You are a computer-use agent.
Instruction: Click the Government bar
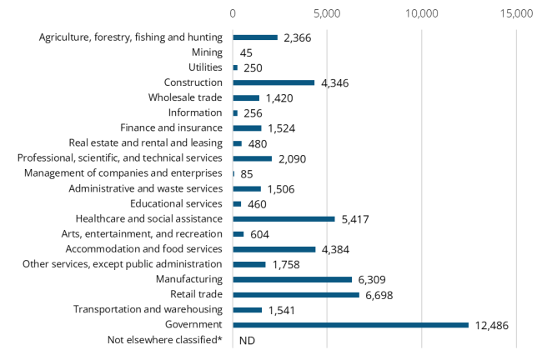coord(350,325)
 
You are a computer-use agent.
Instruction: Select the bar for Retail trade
coord(296,295)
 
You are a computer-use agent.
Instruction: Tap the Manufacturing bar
coord(292,279)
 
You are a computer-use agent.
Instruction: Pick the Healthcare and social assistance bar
coord(284,219)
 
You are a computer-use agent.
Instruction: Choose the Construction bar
coord(274,82)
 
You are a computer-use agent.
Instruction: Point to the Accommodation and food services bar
coord(274,249)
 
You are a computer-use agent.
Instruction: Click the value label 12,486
coord(492,325)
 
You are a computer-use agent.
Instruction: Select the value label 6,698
coord(383,295)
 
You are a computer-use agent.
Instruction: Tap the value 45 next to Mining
coord(247,52)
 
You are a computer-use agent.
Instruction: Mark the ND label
coord(247,341)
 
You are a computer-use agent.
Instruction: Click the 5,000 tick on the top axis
coord(327,14)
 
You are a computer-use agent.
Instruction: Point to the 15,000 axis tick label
coord(516,14)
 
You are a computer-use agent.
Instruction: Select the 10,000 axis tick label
coord(422,14)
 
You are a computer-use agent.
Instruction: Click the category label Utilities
coord(205,67)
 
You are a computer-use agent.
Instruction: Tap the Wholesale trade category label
coord(186,97)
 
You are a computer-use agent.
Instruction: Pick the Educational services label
coord(177,204)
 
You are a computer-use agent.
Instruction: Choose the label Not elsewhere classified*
coord(165,340)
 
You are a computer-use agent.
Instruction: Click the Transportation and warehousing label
coord(148,310)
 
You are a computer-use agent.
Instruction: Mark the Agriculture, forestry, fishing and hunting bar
coord(255,37)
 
